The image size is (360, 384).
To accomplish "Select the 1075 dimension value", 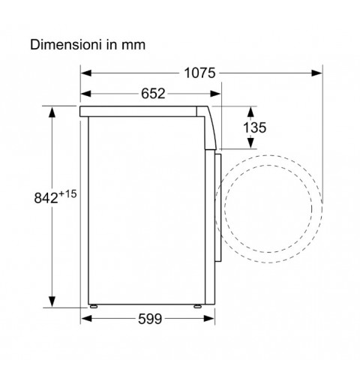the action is point(199,73).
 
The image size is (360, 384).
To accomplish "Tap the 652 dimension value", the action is point(153,94).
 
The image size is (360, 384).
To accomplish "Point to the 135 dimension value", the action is point(255,127).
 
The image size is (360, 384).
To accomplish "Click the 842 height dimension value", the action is point(46,198).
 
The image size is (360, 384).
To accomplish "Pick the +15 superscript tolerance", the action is point(67,194).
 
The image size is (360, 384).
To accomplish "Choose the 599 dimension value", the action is point(150,319).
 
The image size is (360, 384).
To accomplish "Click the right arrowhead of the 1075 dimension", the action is point(316,73).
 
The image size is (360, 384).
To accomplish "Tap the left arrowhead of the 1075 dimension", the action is point(86,73).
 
